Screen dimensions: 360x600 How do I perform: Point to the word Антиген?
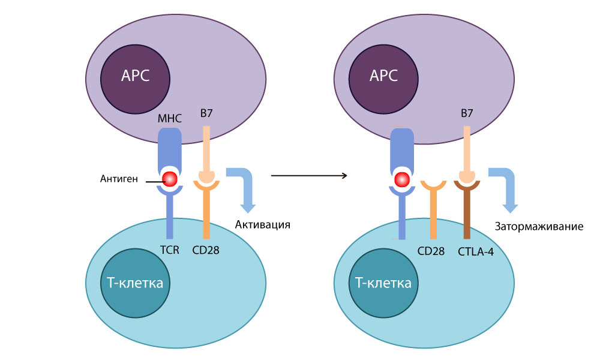tap(119, 179)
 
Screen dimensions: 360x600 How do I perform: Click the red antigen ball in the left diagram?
tap(170, 179)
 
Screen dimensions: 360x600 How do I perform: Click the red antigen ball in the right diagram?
tap(401, 179)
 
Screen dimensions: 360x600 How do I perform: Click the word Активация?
tap(262, 225)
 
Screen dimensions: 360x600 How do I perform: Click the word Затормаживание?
tap(539, 227)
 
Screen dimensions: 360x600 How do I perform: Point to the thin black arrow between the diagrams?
tap(309, 176)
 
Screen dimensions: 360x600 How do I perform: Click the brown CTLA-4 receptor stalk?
tap(467, 216)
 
